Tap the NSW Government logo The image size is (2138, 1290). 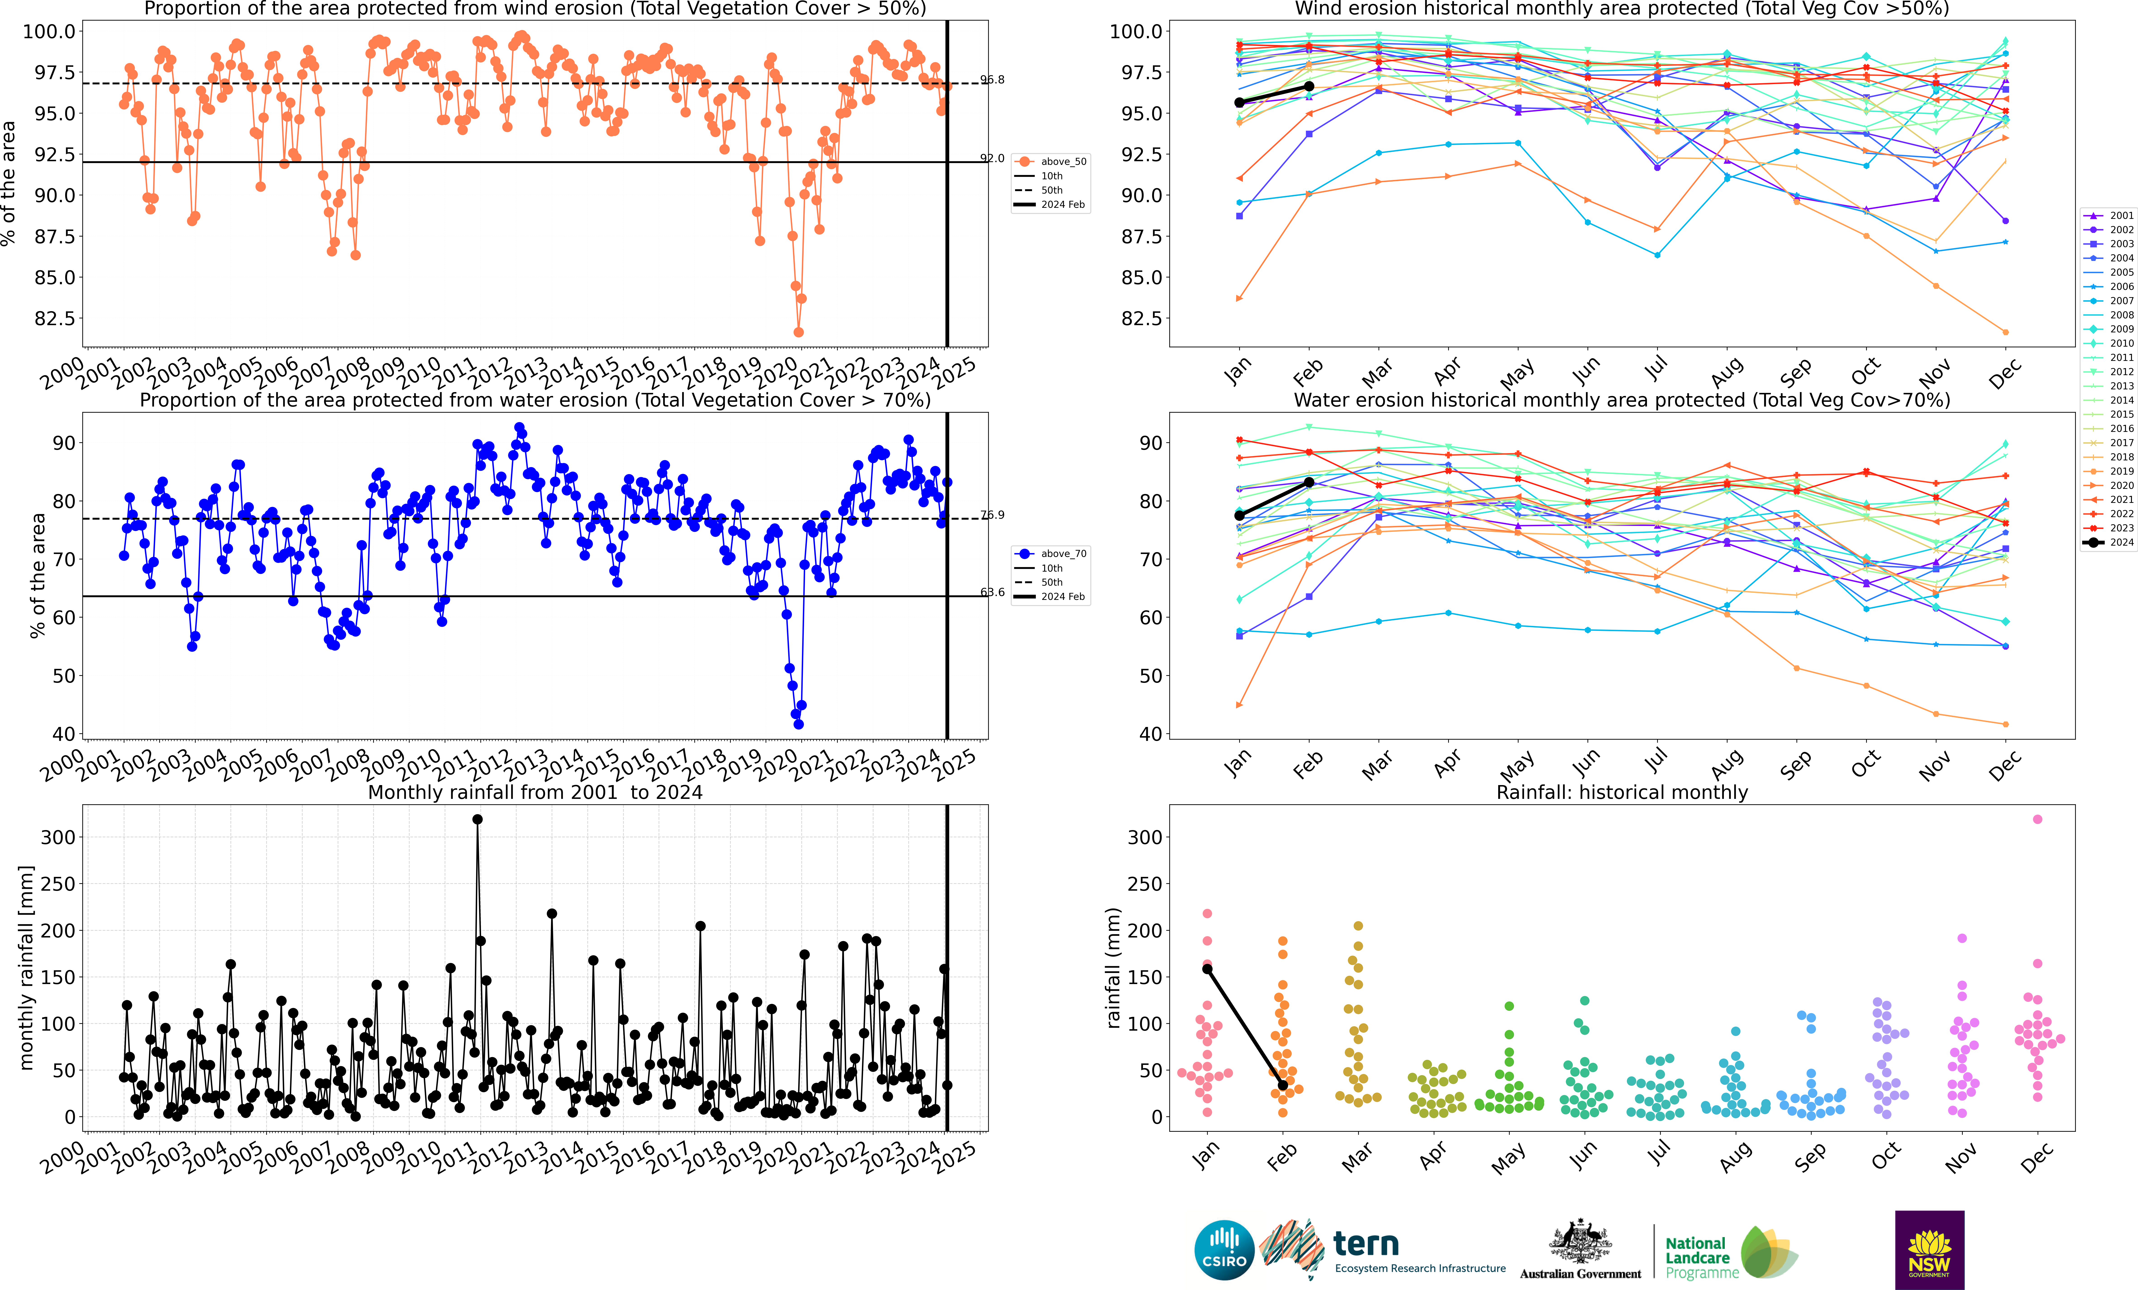click(1929, 1249)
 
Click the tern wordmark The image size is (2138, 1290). click(1366, 1244)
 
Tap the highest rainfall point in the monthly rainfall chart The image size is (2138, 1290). click(477, 819)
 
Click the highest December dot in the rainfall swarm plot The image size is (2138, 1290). click(2037, 819)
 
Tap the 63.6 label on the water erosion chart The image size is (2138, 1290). click(993, 592)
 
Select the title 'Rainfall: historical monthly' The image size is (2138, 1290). click(1622, 792)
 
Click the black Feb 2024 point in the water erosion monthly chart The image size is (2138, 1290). click(1308, 482)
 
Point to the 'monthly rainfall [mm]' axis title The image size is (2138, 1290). click(26, 967)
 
